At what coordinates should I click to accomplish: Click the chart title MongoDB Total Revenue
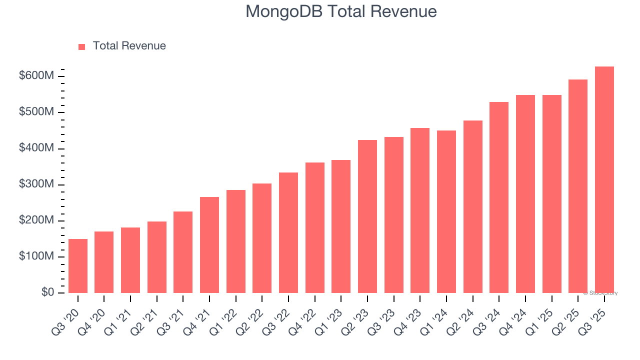coord(341,11)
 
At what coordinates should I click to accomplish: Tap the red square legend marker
coord(82,46)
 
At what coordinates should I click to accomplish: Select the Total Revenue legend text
coord(129,46)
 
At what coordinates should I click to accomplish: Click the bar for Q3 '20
coord(78,266)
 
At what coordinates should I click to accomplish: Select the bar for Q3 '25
coord(604,180)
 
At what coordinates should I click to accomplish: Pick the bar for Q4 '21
coord(209,245)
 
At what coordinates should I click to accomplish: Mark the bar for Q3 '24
coord(499,197)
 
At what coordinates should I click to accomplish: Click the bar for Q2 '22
coord(262,238)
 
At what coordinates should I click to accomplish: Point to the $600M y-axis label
coord(36,76)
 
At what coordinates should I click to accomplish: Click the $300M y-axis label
coord(36,184)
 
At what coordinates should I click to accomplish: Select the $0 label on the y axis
coord(47,292)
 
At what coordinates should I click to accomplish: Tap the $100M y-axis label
coord(36,256)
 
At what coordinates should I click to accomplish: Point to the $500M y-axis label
coord(36,112)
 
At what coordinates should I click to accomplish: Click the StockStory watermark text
coord(600,293)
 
